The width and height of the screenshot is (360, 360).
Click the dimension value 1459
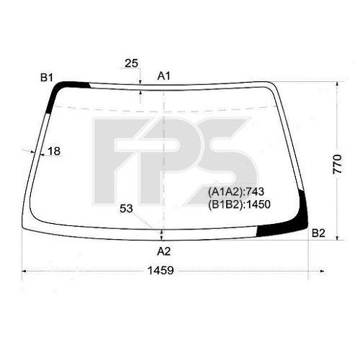coord(166,273)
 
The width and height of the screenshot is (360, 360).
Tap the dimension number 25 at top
coord(131,63)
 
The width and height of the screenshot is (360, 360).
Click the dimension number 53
coord(127,209)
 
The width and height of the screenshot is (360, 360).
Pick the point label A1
coord(163,76)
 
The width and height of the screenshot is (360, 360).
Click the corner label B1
coord(47,77)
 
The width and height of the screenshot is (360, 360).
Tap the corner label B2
coord(319,233)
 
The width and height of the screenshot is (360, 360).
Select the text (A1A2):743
coord(238,192)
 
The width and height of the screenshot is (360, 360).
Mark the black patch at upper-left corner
coord(61,91)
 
